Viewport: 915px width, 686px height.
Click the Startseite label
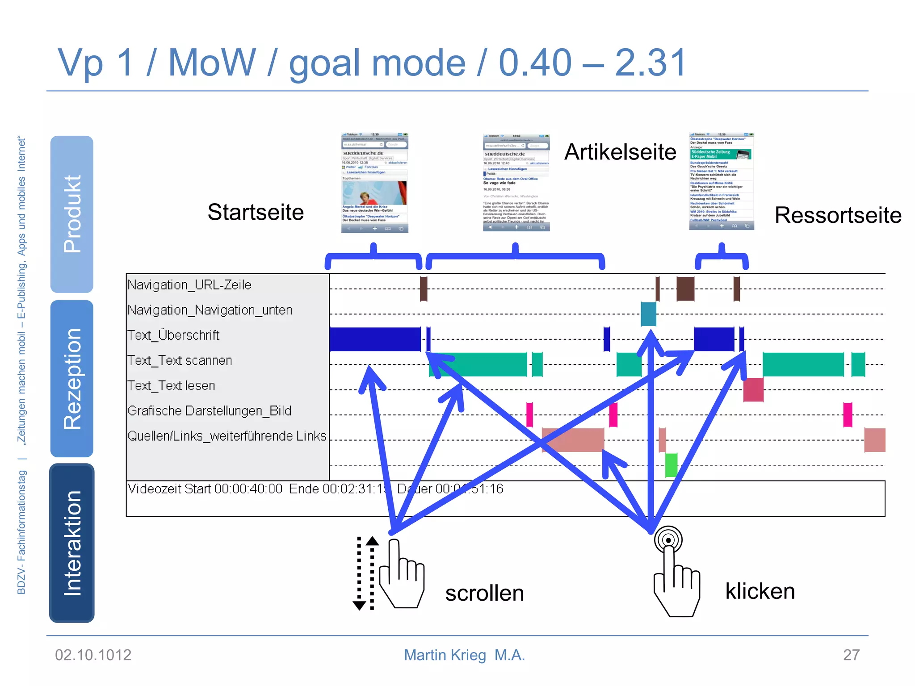[x=256, y=212]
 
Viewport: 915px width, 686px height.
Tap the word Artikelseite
[x=620, y=152]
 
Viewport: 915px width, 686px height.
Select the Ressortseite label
[x=838, y=215]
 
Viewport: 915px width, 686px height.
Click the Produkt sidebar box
[x=72, y=214]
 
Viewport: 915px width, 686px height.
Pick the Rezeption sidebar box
[x=72, y=379]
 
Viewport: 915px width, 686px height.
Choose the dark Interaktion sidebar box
[x=72, y=543]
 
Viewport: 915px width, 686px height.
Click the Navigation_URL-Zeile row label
[x=189, y=285]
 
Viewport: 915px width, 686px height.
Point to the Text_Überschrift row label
[x=173, y=335]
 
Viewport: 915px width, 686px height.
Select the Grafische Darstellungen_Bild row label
[x=209, y=411]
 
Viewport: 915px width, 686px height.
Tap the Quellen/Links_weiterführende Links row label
[x=227, y=436]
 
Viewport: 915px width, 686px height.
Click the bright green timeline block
[x=671, y=465]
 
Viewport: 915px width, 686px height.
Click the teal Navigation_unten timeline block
[x=648, y=314]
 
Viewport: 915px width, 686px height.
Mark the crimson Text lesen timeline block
[x=753, y=389]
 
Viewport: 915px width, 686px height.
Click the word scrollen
[x=484, y=594]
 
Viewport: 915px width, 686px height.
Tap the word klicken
[x=760, y=591]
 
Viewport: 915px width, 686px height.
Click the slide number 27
[x=851, y=655]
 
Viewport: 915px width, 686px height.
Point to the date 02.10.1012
[x=93, y=655]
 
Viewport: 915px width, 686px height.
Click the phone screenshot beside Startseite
[x=374, y=183]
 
